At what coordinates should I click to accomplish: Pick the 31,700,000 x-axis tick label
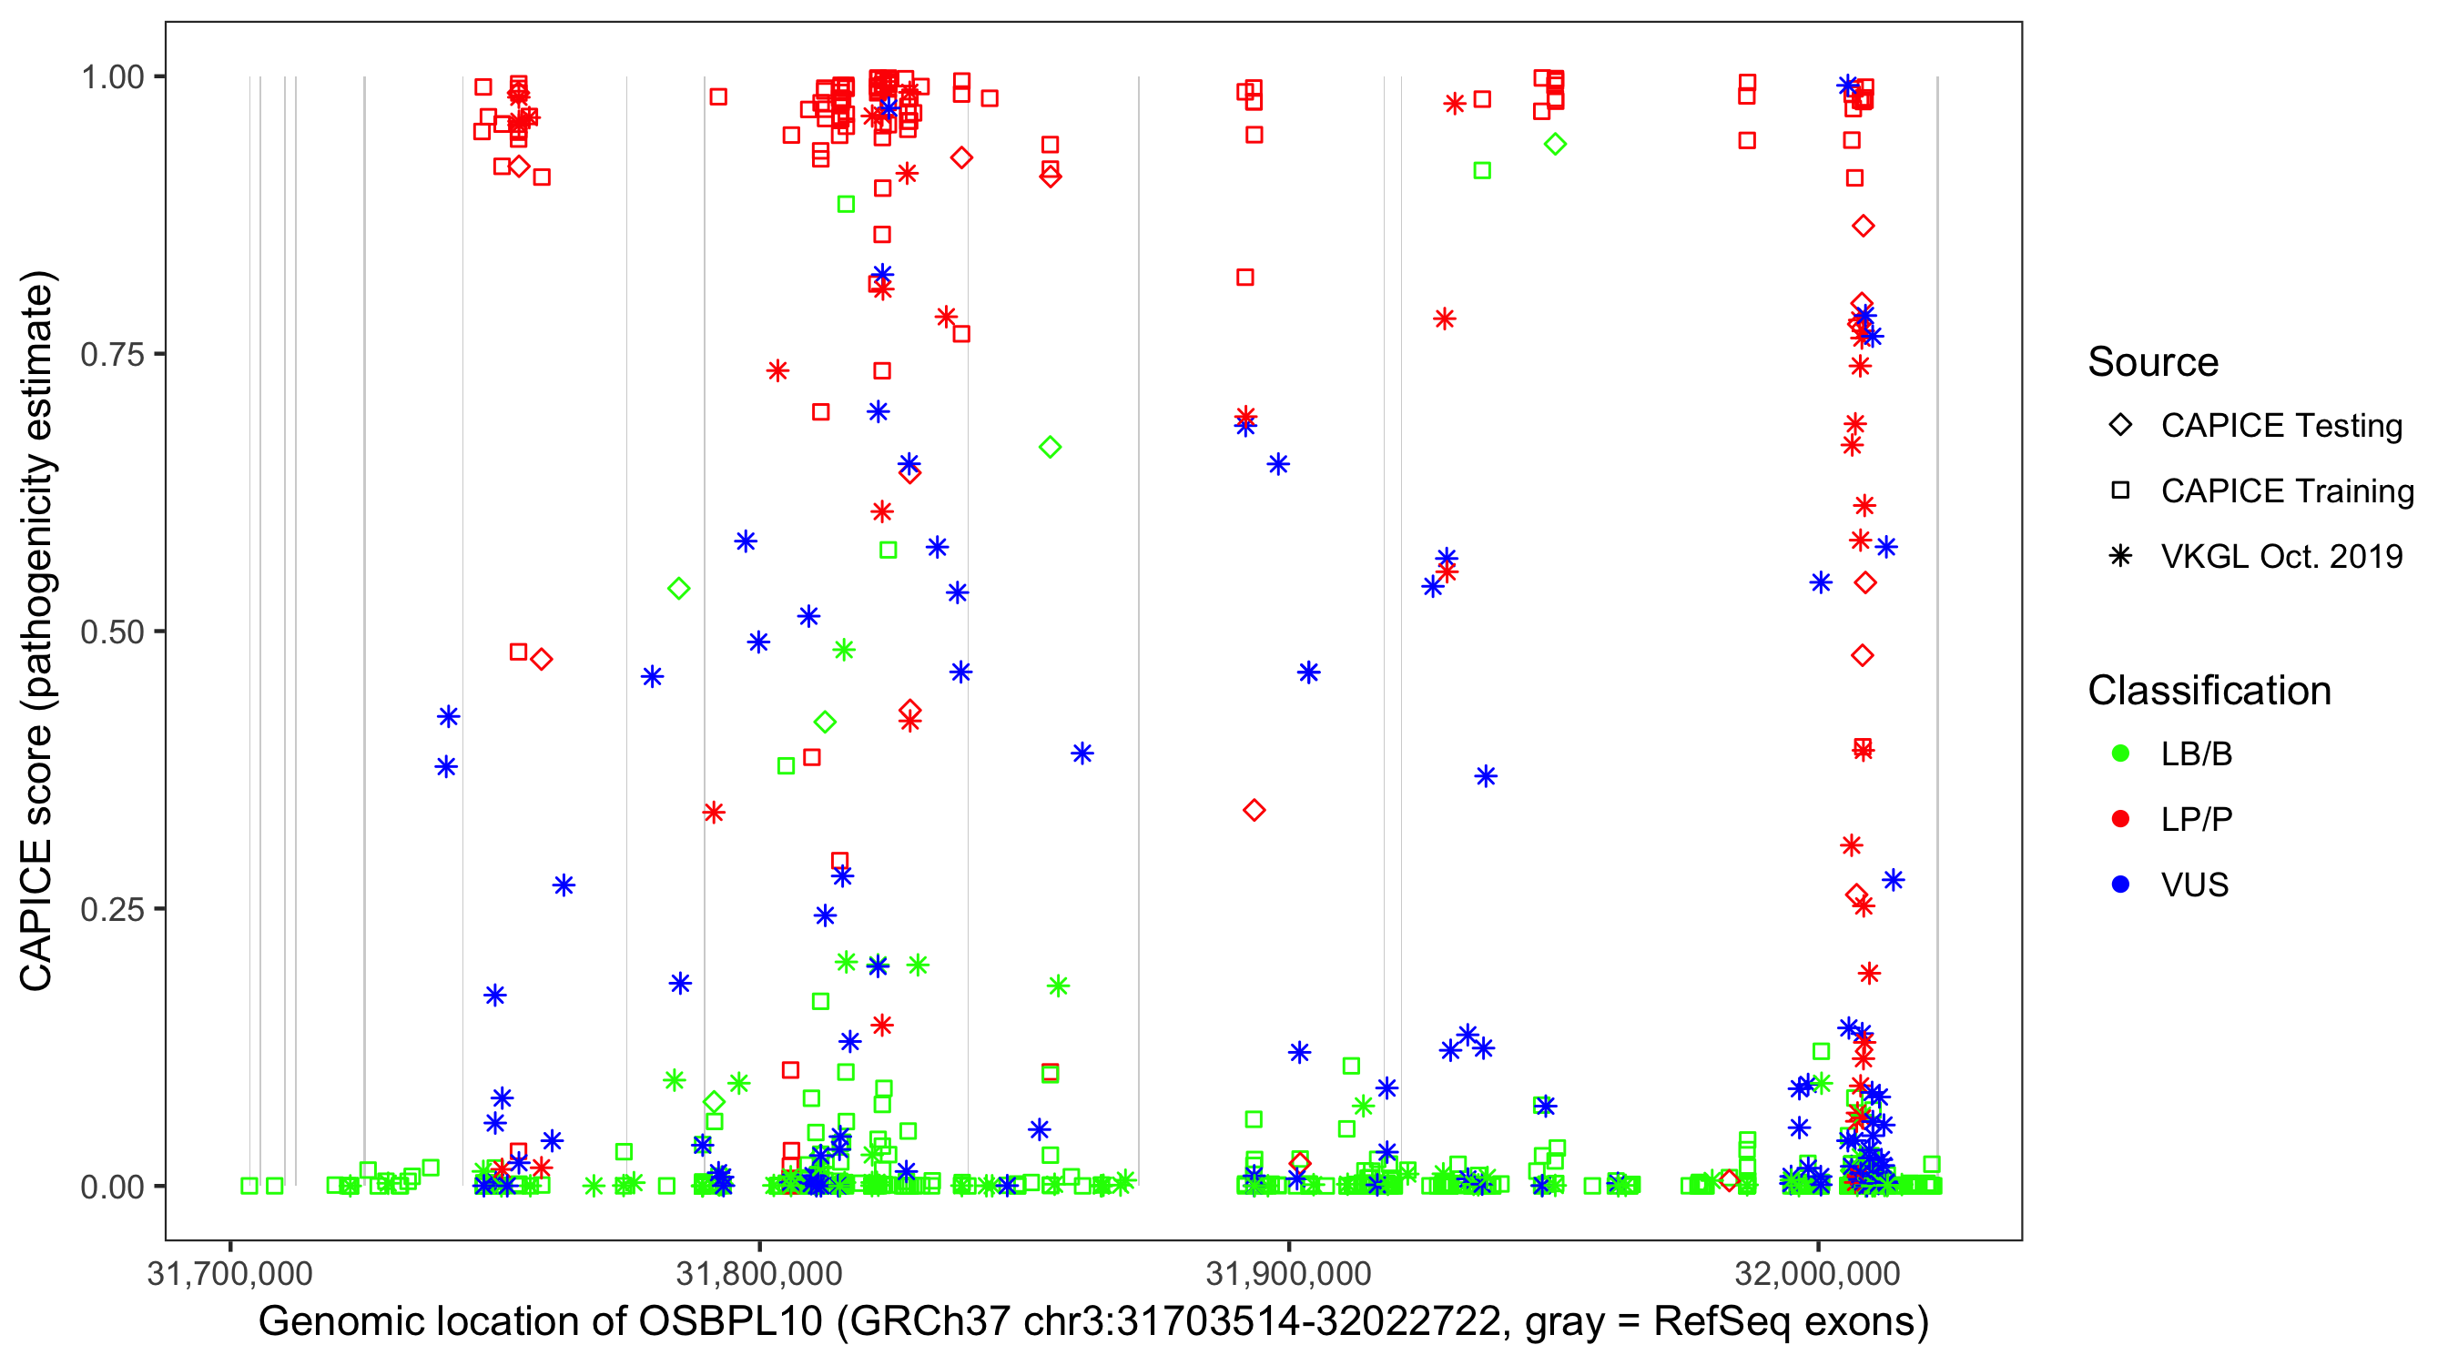coord(230,1273)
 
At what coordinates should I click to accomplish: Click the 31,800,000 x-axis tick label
coord(759,1273)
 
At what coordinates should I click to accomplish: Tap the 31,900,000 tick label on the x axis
coord(1289,1273)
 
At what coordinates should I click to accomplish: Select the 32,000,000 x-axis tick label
coord(1818,1273)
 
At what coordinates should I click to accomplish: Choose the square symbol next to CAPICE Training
coord(2120,491)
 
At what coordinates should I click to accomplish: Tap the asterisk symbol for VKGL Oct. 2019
coord(2120,556)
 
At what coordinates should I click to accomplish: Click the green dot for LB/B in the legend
coord(2120,754)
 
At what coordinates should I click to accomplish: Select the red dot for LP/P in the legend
coord(2120,819)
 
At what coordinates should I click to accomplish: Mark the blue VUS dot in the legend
coord(2120,885)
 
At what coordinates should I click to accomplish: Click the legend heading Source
coord(2153,362)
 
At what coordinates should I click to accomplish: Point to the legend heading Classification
coord(2209,691)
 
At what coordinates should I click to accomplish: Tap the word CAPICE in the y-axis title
coord(36,915)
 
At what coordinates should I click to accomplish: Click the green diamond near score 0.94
coord(1555,145)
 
